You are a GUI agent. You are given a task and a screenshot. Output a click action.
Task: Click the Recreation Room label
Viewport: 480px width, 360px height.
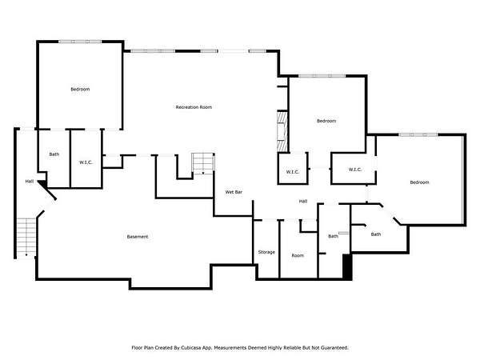[x=194, y=107]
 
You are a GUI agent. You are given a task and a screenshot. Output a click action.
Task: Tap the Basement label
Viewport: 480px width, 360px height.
[x=138, y=237]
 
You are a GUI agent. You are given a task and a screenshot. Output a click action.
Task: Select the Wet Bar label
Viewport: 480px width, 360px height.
[x=234, y=192]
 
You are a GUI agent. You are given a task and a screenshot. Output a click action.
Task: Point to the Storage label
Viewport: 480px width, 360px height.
[x=266, y=252]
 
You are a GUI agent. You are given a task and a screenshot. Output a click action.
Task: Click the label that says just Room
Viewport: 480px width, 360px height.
[x=298, y=255]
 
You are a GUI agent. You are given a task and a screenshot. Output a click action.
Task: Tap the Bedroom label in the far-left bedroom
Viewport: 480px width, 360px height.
[x=80, y=90]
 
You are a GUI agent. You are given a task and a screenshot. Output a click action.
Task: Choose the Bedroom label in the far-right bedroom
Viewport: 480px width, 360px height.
[x=419, y=182]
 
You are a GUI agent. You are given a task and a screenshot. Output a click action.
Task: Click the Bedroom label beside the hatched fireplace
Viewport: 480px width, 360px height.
[x=326, y=121]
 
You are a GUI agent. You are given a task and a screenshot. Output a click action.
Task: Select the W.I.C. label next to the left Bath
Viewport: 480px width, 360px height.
[x=86, y=162]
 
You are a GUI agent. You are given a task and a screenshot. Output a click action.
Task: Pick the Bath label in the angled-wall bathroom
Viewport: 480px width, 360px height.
[x=376, y=234]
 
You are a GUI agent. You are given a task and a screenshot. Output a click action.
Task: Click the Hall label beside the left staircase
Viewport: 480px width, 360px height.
[x=30, y=182]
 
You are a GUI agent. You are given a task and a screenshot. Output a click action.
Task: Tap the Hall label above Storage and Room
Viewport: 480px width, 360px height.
[x=303, y=201]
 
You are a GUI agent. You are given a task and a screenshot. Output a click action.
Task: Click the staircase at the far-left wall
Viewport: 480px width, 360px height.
[x=26, y=238]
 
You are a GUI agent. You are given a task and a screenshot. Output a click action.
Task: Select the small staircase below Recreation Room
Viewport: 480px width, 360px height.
[x=203, y=163]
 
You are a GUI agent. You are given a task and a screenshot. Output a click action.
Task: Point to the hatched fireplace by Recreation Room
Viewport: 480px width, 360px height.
[x=282, y=132]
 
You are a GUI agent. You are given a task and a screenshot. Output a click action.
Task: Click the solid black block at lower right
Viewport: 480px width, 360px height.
[x=347, y=266]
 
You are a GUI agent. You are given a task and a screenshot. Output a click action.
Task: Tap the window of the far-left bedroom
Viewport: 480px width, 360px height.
[x=80, y=42]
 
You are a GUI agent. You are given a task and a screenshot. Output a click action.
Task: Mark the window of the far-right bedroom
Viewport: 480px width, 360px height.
[x=418, y=134]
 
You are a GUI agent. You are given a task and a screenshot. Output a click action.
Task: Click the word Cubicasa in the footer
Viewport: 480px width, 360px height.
[x=190, y=348]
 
